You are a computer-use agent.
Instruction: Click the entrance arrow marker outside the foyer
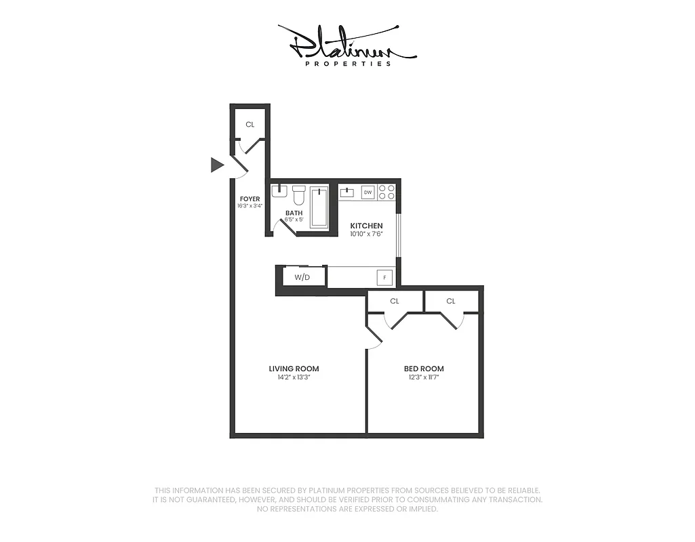coord(217,165)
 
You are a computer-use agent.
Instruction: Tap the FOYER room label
coord(250,199)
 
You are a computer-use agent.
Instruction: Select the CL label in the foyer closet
coord(250,125)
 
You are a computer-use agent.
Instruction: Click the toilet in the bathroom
coord(298,196)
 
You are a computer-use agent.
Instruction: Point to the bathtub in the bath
coord(319,207)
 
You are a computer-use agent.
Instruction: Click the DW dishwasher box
coord(368,192)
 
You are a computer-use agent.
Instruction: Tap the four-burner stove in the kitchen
coord(386,192)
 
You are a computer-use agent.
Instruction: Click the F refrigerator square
coord(384,277)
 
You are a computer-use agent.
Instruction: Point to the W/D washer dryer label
coord(302,278)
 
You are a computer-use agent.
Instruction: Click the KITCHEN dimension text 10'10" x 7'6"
coord(366,234)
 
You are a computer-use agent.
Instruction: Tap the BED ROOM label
coord(424,369)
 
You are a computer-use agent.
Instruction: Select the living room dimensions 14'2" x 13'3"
coord(294,377)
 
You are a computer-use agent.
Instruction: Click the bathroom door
coord(287,227)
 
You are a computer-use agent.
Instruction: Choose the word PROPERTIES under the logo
coord(348,64)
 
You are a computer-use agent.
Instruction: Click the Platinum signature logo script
coord(347,42)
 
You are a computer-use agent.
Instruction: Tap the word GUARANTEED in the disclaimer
coord(201,499)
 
